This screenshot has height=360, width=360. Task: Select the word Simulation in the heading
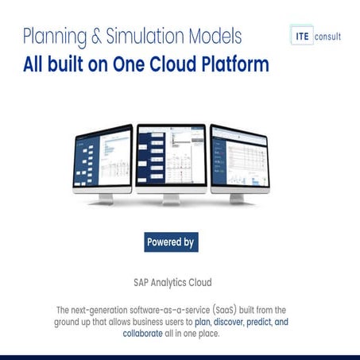pyautogui.click(x=146, y=37)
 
